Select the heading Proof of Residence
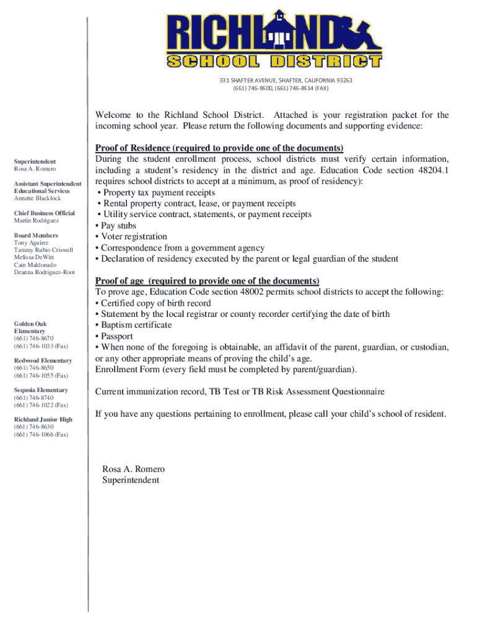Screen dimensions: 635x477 click(x=219, y=148)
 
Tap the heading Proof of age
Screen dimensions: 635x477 click(x=207, y=281)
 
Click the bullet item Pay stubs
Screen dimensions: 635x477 click(x=118, y=226)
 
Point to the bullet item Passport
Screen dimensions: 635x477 click(x=116, y=336)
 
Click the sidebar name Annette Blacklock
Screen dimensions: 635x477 click(x=38, y=198)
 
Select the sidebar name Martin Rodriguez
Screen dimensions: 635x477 click(x=37, y=221)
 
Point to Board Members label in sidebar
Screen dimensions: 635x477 click(x=36, y=236)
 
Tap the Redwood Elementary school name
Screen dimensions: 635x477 click(x=43, y=360)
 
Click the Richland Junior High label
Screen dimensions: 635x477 click(x=43, y=420)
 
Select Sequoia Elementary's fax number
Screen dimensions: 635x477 click(x=41, y=405)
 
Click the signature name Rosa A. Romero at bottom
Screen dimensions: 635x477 click(x=133, y=469)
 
